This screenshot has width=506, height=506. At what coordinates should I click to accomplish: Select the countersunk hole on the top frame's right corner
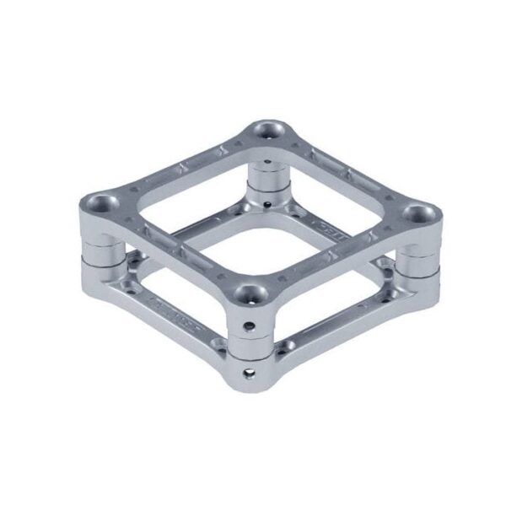[x=417, y=213]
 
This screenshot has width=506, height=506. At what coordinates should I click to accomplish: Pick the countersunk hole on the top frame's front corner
[x=250, y=295]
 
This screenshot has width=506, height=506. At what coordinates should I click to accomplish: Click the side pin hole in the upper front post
[x=250, y=324]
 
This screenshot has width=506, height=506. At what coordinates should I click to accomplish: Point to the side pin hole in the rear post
[x=266, y=203]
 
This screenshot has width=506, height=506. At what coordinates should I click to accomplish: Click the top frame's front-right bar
[x=337, y=257]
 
